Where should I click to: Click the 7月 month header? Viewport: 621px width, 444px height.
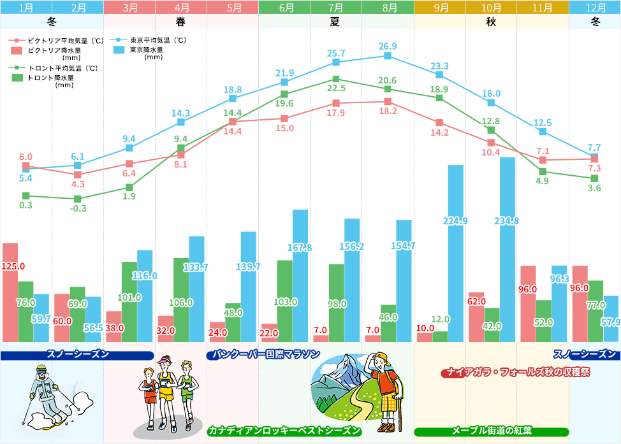pyautogui.click(x=336, y=8)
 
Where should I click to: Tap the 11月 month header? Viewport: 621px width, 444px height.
pyautogui.click(x=543, y=8)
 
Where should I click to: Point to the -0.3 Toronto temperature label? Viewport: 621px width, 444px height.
pyautogui.click(x=77, y=208)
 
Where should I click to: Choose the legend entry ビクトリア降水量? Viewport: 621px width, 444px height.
pyautogui.click(x=51, y=50)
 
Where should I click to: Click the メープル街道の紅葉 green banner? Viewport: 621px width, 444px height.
pyautogui.click(x=492, y=431)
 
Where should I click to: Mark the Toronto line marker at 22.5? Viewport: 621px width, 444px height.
pyautogui.click(x=336, y=79)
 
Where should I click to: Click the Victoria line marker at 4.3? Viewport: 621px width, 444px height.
pyautogui.click(x=77, y=175)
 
